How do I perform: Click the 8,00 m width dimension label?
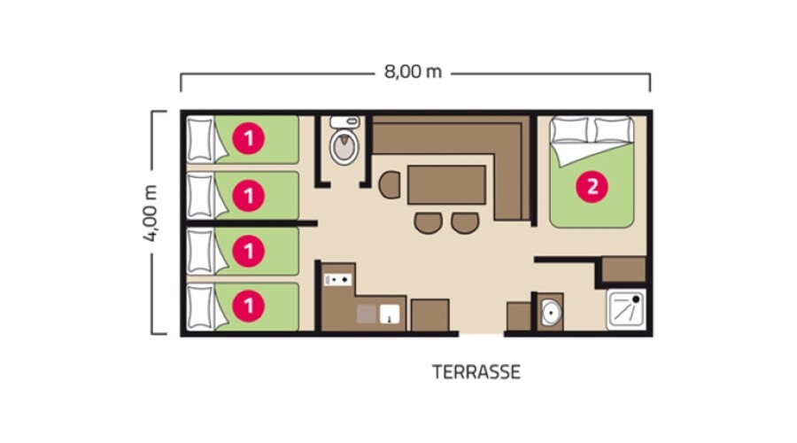(x=413, y=72)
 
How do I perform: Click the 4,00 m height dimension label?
(x=151, y=213)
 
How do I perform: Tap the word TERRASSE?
(x=476, y=372)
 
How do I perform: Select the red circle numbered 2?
(x=592, y=187)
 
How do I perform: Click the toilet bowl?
(x=344, y=146)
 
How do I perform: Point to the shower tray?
(x=626, y=309)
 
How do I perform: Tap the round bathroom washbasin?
(x=551, y=311)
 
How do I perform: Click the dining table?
(x=446, y=184)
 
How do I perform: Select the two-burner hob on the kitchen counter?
(x=338, y=279)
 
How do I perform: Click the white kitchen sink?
(x=390, y=315)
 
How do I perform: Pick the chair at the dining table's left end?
(x=390, y=185)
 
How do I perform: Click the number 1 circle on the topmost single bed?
(x=249, y=138)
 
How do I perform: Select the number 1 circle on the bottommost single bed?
(x=249, y=307)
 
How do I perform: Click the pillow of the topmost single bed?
(x=200, y=139)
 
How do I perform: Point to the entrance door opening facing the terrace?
(x=482, y=334)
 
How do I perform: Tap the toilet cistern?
(x=345, y=121)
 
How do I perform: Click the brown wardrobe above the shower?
(x=623, y=269)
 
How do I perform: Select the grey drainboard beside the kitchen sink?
(x=367, y=315)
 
